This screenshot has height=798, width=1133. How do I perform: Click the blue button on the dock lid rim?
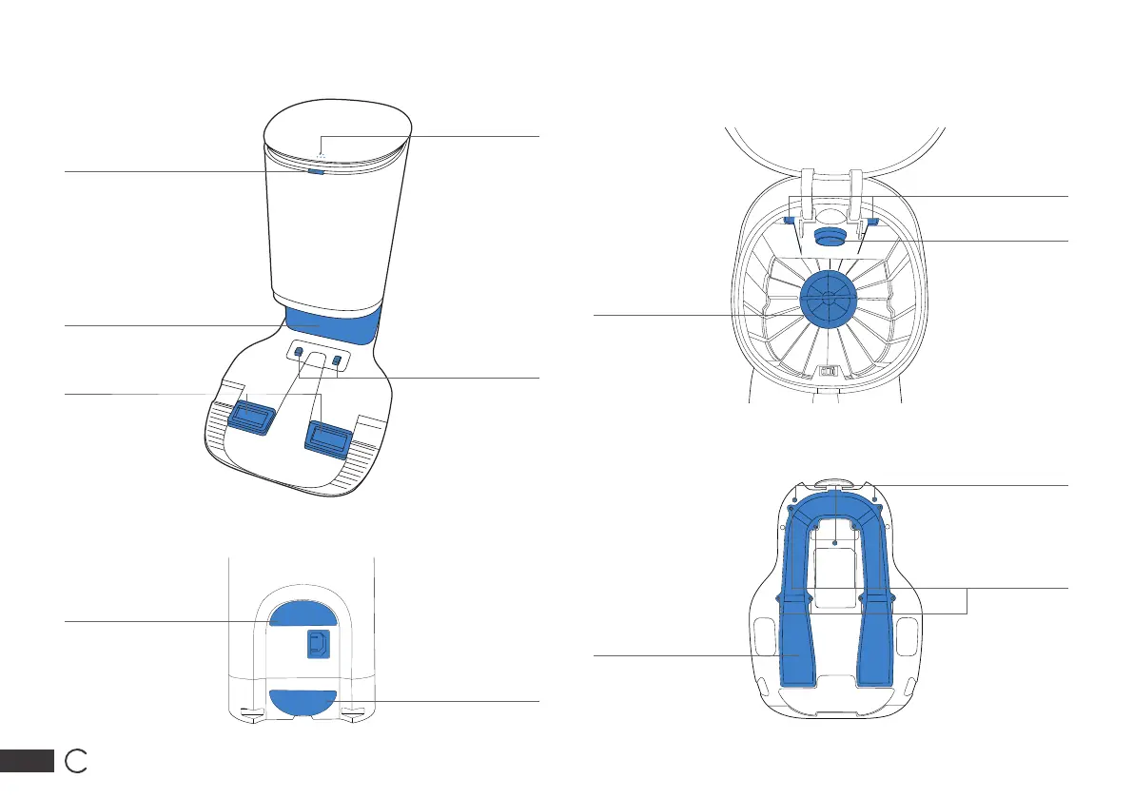(x=316, y=172)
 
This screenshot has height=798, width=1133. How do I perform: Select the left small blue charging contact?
(x=298, y=353)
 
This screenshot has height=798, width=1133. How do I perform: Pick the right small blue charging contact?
(x=336, y=360)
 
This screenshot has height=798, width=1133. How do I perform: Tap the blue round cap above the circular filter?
(x=828, y=236)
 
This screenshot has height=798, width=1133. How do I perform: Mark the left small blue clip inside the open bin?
(x=790, y=221)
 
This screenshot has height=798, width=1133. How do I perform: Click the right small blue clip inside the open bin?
(x=871, y=222)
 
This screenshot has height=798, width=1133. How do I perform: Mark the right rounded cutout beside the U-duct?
(x=908, y=633)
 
